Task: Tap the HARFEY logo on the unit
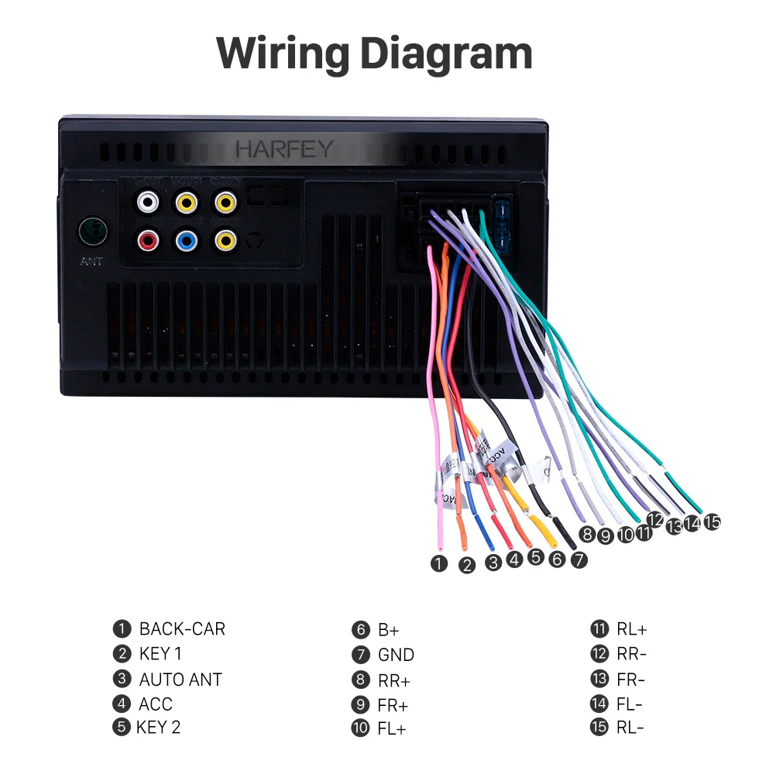(x=285, y=149)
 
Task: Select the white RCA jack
(x=148, y=204)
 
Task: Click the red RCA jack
(x=148, y=240)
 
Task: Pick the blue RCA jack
(x=187, y=240)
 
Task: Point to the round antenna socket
(x=92, y=230)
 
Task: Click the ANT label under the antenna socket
(x=91, y=262)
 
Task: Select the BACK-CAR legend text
(x=182, y=629)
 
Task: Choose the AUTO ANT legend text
(x=180, y=680)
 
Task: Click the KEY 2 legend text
(x=158, y=728)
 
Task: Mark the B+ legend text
(x=389, y=630)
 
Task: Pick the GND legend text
(x=396, y=655)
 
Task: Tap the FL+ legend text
(x=392, y=729)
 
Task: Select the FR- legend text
(x=630, y=680)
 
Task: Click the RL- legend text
(x=630, y=728)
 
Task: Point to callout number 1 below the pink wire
(x=440, y=563)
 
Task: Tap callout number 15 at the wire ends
(x=712, y=522)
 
